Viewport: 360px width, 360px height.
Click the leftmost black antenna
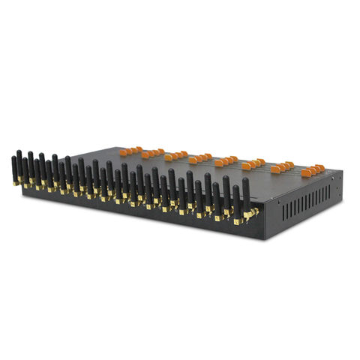(x=14, y=169)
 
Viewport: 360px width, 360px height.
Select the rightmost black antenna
(x=245, y=196)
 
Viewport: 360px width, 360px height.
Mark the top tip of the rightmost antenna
(x=245, y=180)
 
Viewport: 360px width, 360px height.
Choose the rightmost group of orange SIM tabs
(x=313, y=170)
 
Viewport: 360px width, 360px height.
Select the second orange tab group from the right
(x=283, y=166)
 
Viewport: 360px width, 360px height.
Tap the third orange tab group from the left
(x=177, y=155)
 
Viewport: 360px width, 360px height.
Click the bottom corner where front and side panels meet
(x=264, y=238)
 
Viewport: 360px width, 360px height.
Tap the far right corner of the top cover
(x=342, y=173)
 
